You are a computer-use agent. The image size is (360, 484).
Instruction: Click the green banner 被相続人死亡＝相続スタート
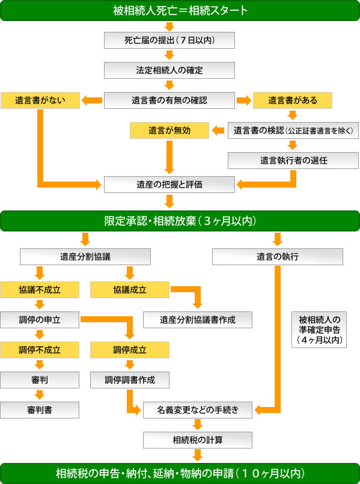tap(180, 10)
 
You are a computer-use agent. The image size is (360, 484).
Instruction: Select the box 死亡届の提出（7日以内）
tap(169, 40)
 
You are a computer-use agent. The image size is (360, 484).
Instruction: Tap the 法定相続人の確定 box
tap(169, 70)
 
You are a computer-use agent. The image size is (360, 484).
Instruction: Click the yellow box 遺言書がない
tap(40, 100)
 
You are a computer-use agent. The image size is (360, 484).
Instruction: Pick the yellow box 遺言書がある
tap(293, 100)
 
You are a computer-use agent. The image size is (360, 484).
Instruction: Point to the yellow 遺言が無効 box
tap(169, 130)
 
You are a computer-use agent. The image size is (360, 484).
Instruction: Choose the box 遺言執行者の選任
tap(293, 161)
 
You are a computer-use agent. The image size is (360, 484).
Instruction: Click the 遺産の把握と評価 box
tap(169, 185)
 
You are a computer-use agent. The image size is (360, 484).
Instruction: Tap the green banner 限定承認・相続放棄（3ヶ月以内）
tap(180, 221)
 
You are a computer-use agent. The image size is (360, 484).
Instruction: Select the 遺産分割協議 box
tap(85, 257)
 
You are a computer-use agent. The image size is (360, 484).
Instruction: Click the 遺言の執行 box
tap(277, 257)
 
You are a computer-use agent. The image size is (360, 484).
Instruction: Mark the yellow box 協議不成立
tap(40, 290)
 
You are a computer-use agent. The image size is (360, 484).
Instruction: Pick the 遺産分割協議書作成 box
tap(198, 320)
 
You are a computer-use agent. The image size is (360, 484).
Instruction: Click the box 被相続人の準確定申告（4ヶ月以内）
tap(319, 329)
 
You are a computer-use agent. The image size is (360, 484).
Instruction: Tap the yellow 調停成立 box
tap(130, 350)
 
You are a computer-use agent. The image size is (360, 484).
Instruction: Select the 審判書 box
tap(40, 410)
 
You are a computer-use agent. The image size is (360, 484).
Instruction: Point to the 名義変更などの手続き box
tap(198, 410)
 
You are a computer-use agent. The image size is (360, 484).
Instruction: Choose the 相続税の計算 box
tap(198, 440)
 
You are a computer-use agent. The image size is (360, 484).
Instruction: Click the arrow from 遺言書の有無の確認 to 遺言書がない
tap(91, 100)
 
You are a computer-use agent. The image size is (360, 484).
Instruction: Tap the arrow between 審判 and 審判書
tap(40, 395)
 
